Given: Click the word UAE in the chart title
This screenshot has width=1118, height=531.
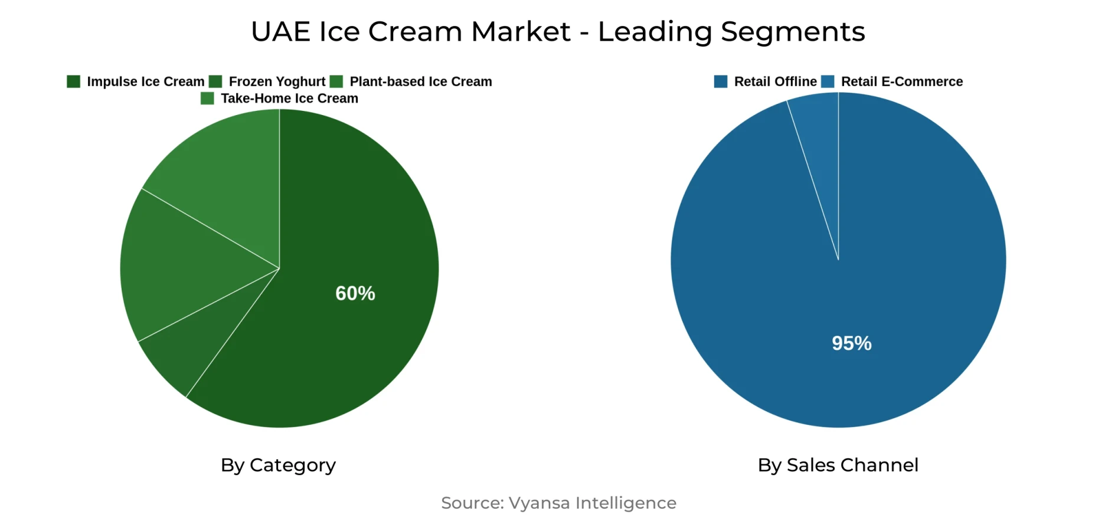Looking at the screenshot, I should [x=280, y=32].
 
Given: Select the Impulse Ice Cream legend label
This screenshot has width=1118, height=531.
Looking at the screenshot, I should [x=145, y=81].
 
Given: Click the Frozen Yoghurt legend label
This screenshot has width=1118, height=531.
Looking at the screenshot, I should [x=277, y=81].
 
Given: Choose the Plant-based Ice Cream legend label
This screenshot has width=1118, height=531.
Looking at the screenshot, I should [x=420, y=81].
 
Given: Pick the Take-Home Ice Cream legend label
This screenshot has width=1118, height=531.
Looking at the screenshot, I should [x=289, y=99].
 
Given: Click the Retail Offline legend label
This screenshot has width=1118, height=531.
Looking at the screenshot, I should [x=775, y=81].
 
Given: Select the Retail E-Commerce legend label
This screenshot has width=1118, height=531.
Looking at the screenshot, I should [x=901, y=81].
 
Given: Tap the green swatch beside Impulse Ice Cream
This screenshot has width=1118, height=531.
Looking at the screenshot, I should [x=74, y=81].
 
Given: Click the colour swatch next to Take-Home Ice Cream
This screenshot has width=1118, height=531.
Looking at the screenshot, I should [x=207, y=99].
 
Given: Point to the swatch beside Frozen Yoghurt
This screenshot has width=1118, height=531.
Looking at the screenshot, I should [x=215, y=81].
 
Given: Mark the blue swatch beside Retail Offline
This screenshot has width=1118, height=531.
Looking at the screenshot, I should [x=721, y=81].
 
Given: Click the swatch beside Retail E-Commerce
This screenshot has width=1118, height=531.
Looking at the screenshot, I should [x=828, y=81].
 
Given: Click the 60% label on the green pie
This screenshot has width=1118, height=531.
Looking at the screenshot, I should [x=355, y=293].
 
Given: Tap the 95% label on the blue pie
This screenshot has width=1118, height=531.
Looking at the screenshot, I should [x=852, y=343].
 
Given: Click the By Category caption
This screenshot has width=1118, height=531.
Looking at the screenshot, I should [x=278, y=465].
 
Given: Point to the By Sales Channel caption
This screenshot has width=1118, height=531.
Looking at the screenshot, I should [x=838, y=465].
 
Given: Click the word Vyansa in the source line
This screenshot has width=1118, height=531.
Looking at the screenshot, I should [x=539, y=503].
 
